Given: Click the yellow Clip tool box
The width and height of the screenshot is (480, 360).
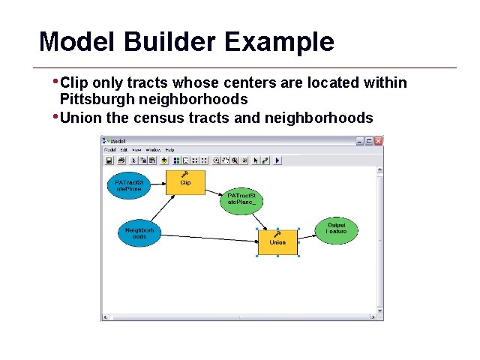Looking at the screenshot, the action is [x=185, y=182].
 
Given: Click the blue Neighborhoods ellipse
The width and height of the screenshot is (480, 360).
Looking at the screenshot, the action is [x=139, y=233].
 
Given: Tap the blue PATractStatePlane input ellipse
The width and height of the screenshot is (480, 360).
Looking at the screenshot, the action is [x=128, y=185].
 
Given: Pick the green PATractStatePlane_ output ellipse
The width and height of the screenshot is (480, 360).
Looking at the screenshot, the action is [x=242, y=199].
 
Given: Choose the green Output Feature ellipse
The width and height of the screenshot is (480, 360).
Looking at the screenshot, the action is [x=337, y=229].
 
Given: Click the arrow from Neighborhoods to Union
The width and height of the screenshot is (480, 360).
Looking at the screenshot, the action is [x=210, y=238].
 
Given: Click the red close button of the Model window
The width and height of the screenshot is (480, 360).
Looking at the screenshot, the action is [x=378, y=141].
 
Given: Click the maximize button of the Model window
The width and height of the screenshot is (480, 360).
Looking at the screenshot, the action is [x=369, y=141].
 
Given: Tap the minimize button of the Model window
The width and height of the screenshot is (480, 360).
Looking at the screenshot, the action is [x=360, y=141].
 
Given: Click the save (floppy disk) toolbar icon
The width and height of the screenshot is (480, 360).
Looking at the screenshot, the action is [x=109, y=160].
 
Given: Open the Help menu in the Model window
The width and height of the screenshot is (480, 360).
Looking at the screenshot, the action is [x=170, y=151].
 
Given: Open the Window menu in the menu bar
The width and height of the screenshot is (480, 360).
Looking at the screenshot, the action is [x=153, y=151].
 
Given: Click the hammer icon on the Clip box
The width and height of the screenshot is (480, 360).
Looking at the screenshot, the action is [x=185, y=174].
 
